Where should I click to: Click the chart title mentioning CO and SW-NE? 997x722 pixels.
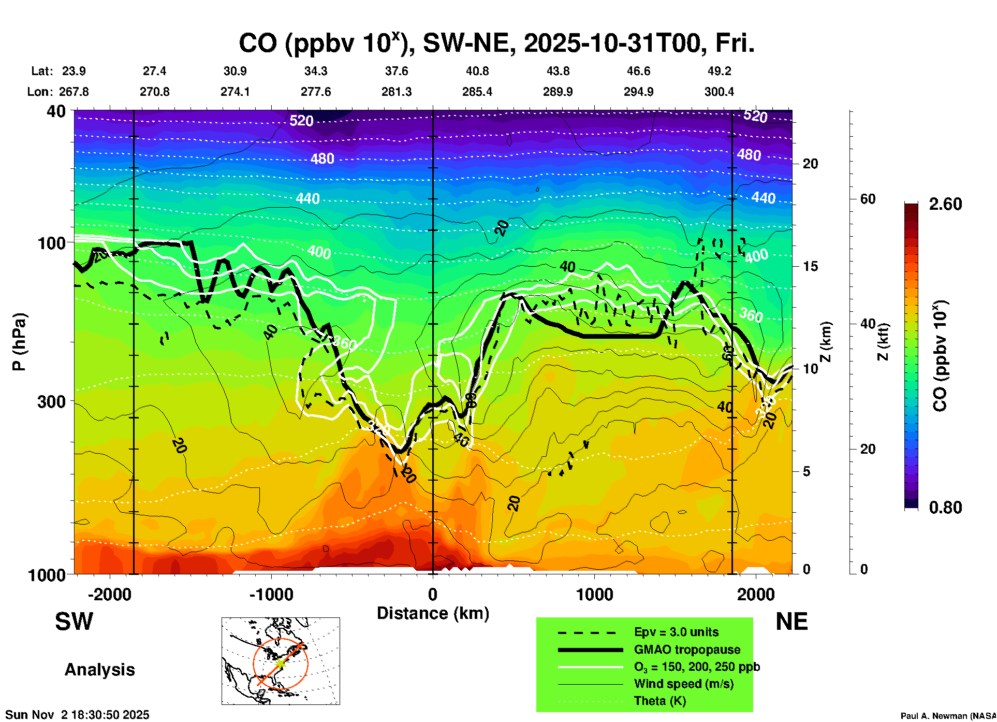pyautogui.click(x=496, y=44)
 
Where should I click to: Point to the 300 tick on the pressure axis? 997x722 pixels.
pyautogui.click(x=52, y=402)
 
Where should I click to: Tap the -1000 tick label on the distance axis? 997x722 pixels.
pyautogui.click(x=271, y=595)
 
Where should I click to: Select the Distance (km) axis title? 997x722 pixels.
pyautogui.click(x=433, y=613)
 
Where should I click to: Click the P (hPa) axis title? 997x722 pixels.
pyautogui.click(x=19, y=342)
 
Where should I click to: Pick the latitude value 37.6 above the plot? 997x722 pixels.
pyautogui.click(x=397, y=71)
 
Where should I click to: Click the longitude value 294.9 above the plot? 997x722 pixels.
pyautogui.click(x=638, y=92)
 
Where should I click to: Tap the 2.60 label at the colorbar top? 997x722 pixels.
pyautogui.click(x=945, y=204)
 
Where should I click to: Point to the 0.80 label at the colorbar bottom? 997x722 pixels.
pyautogui.click(x=945, y=508)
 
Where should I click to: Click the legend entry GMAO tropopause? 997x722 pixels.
pyautogui.click(x=687, y=649)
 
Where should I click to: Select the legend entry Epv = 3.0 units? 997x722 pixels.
pyautogui.click(x=676, y=632)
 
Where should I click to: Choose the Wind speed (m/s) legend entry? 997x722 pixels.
pyautogui.click(x=683, y=684)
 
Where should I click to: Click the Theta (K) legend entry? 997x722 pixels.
pyautogui.click(x=659, y=701)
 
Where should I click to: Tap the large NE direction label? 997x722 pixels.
pyautogui.click(x=791, y=622)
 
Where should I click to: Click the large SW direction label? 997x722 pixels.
pyautogui.click(x=74, y=622)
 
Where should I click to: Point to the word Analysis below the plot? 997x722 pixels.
pyautogui.click(x=99, y=670)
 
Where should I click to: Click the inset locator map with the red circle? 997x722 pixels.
pyautogui.click(x=281, y=661)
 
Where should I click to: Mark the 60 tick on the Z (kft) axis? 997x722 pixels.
pyautogui.click(x=868, y=199)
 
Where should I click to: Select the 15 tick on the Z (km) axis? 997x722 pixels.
pyautogui.click(x=810, y=266)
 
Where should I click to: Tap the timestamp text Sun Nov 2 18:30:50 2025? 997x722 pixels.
pyautogui.click(x=77, y=715)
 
